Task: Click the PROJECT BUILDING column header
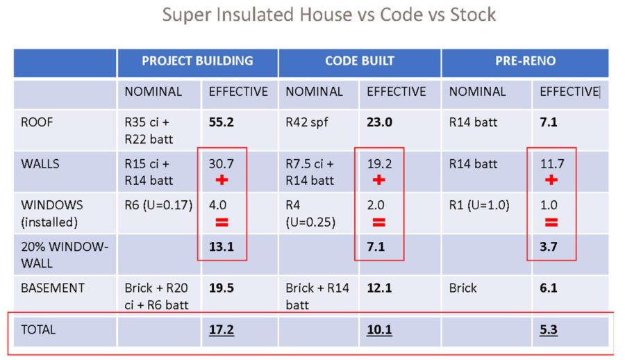[197, 61]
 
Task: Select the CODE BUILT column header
[360, 61]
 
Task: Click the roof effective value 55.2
[222, 122]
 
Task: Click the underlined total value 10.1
[379, 329]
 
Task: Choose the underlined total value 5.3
[549, 329]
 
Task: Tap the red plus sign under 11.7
[551, 181]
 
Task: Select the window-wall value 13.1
[222, 247]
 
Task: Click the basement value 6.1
[549, 288]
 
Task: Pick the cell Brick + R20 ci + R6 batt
[158, 295]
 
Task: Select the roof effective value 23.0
[380, 122]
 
